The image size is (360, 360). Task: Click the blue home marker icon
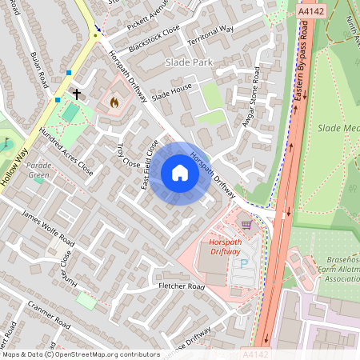[180, 173]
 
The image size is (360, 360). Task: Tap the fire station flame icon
[114, 102]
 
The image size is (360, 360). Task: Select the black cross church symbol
[77, 94]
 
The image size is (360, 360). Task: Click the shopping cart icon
[246, 225]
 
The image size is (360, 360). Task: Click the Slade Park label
[189, 62]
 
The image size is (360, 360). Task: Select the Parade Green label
[39, 170]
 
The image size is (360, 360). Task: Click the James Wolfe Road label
[47, 227]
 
